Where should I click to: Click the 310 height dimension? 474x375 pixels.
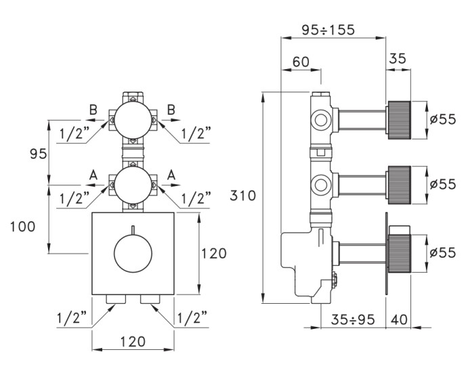point(243,197)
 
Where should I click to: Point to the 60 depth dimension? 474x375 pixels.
point(301,62)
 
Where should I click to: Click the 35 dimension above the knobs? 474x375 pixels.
point(397,59)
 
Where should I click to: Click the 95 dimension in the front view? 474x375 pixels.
point(37,154)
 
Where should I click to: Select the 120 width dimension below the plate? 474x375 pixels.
point(132,342)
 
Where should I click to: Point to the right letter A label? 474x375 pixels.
point(171,175)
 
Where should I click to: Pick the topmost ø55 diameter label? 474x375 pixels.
point(443,119)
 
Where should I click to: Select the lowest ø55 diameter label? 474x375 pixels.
point(443,252)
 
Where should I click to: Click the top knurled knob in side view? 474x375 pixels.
point(400,119)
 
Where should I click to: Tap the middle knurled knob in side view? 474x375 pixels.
point(400,184)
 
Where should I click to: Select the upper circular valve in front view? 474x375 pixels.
point(133,119)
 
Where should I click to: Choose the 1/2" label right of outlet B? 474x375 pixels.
point(196,134)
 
